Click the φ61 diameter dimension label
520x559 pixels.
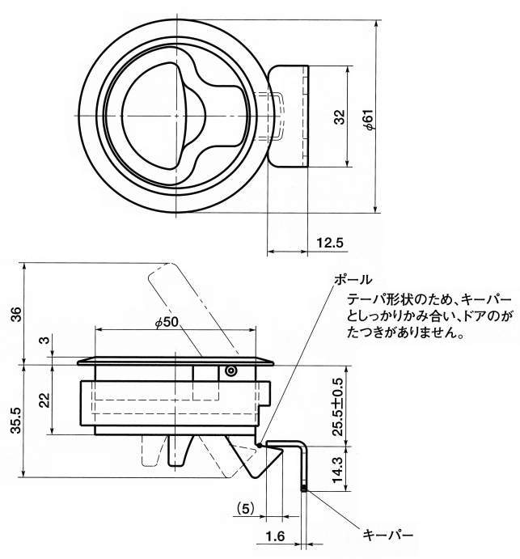367,119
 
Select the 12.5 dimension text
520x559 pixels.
330,243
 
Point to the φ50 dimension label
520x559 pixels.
166,322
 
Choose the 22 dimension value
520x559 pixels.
44,399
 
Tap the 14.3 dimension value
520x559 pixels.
338,467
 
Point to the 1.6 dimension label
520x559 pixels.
273,535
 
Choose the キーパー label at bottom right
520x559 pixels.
388,535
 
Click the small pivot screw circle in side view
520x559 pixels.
230,371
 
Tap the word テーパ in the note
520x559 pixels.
358,299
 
